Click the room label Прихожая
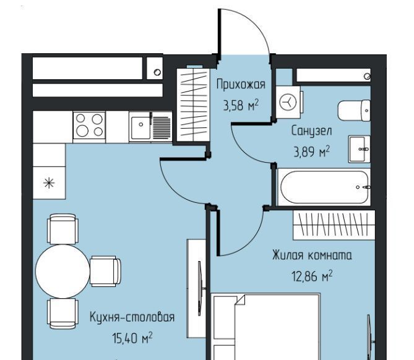tap(241, 85)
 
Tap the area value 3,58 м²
tap(241, 105)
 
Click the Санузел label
tap(311, 131)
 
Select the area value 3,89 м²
tap(311, 151)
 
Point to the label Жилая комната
tap(312, 255)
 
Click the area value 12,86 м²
tap(312, 276)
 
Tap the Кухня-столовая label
tap(132, 317)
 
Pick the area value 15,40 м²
tap(132, 338)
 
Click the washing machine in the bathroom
tap(289, 102)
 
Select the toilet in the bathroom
tap(354, 110)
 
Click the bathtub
tap(324, 187)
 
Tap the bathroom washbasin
tap(360, 149)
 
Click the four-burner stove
tap(89, 125)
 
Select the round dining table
tap(63, 272)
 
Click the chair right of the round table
tap(105, 272)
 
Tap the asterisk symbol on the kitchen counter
tap(49, 183)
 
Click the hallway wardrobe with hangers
tap(193, 105)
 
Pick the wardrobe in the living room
tap(334, 225)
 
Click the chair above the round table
tap(63, 229)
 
